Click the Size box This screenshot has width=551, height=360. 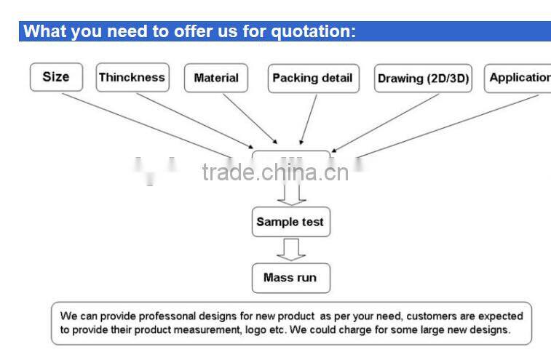[56, 77]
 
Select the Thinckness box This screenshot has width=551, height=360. [132, 78]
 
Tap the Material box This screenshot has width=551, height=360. [216, 79]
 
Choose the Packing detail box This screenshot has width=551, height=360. [313, 79]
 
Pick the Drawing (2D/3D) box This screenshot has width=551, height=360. [423, 79]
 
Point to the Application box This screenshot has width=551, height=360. [519, 78]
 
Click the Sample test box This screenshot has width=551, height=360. [290, 222]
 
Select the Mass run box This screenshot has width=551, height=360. [290, 278]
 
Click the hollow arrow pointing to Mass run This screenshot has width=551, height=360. [290, 250]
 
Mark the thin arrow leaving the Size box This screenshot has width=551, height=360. [146, 124]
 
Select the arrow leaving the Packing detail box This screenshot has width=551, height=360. [309, 119]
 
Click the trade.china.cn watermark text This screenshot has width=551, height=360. [276, 172]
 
